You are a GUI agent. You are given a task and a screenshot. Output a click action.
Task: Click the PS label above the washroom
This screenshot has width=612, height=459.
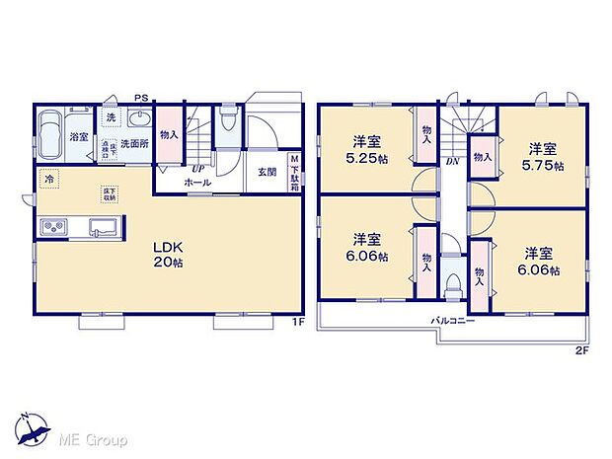click(141, 98)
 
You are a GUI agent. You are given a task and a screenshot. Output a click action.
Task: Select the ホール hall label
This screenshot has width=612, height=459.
click(196, 182)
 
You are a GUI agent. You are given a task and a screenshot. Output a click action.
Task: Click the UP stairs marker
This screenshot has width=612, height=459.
click(197, 168)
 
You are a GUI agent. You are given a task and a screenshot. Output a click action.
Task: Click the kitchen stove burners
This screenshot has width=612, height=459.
click(52, 229)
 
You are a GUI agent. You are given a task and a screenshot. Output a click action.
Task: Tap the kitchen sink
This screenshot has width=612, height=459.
click(103, 229)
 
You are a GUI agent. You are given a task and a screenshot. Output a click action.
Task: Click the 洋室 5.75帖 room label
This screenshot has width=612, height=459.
click(543, 157)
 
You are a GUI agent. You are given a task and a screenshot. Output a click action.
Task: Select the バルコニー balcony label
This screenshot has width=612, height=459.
click(453, 320)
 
